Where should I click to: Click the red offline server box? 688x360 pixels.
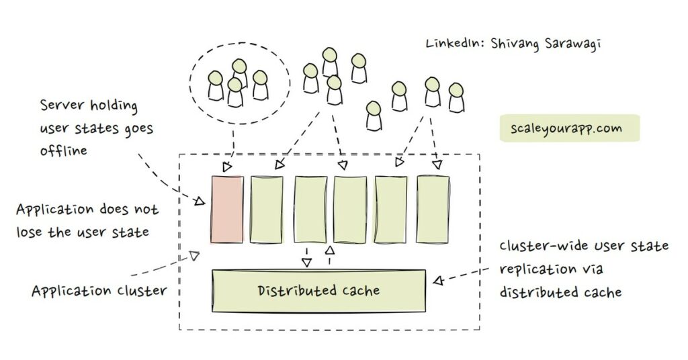[x=226, y=210]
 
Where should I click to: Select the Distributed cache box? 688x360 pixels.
[x=318, y=291]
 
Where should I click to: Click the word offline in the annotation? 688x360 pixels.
[x=64, y=150]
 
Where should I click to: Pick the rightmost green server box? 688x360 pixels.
[x=433, y=210]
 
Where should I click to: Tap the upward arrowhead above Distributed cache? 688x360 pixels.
[x=329, y=251]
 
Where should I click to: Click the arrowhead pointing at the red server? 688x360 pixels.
[x=200, y=200]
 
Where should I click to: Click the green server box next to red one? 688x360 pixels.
[x=266, y=210]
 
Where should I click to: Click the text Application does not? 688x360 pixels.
[x=87, y=210]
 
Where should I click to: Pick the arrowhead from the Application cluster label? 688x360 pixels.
[x=194, y=255]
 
